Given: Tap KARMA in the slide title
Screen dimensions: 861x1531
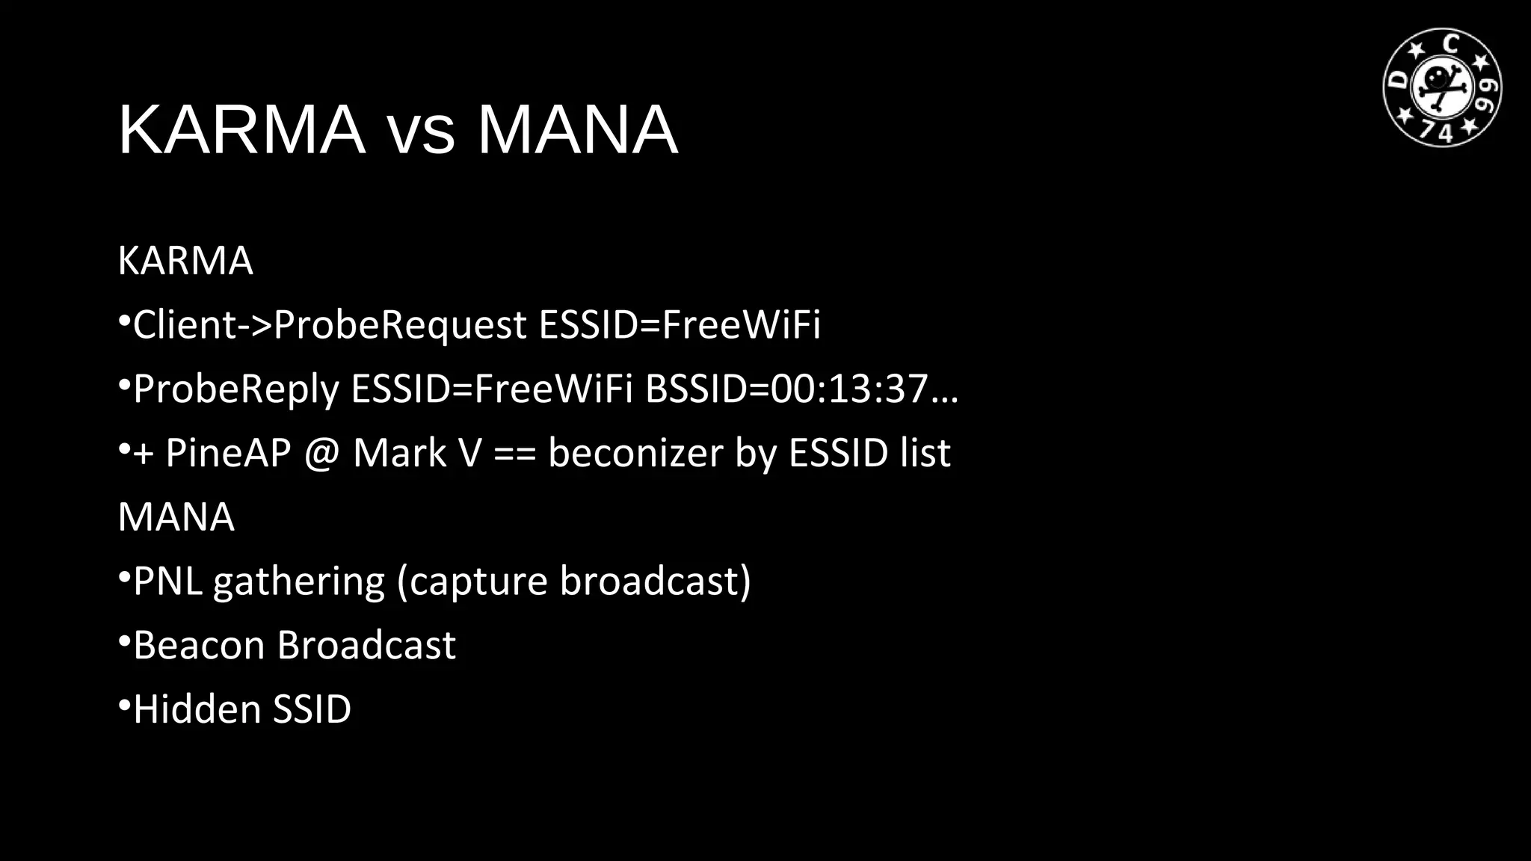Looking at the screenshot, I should click(x=241, y=130).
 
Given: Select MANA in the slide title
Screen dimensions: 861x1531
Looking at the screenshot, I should click(x=577, y=130).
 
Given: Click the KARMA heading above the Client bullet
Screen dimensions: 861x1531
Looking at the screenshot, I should click(x=185, y=261).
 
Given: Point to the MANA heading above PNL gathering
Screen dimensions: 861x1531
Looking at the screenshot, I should click(x=176, y=517).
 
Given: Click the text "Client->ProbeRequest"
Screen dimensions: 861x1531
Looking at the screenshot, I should click(x=330, y=325).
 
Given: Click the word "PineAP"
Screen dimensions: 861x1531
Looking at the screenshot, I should click(x=228, y=453).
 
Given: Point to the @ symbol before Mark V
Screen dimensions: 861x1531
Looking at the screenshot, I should click(x=321, y=454).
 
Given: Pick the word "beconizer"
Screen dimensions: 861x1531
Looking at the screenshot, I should click(x=635, y=453).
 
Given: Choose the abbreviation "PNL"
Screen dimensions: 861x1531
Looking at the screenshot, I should click(x=168, y=581).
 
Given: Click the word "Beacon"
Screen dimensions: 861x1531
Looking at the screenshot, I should click(x=199, y=645).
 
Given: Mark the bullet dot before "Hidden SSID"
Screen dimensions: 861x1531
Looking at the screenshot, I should click(x=125, y=704).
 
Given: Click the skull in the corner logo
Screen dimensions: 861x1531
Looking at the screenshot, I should click(x=1440, y=81).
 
